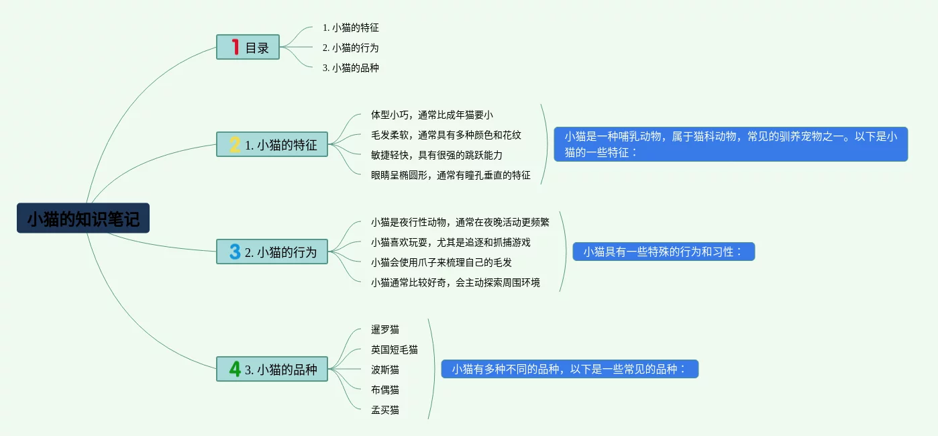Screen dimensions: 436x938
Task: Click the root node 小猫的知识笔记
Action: pyautogui.click(x=83, y=219)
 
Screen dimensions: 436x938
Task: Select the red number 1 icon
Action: pyautogui.click(x=235, y=47)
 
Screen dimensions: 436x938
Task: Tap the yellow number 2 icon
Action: pyautogui.click(x=235, y=144)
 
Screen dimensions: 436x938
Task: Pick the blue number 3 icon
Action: pyautogui.click(x=235, y=252)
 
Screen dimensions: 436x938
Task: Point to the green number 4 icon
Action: pyautogui.click(x=235, y=369)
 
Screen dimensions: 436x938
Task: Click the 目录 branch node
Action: pyautogui.click(x=256, y=48)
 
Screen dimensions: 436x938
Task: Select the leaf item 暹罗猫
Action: pyautogui.click(x=385, y=329)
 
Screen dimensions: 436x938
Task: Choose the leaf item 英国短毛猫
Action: pyautogui.click(x=395, y=349)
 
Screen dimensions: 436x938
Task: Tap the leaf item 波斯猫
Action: pyautogui.click(x=385, y=370)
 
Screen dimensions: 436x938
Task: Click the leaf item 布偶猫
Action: pyautogui.click(x=385, y=390)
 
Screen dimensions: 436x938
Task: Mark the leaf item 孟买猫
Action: pyautogui.click(x=385, y=410)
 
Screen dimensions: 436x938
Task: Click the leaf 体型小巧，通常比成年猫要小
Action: pyautogui.click(x=432, y=115)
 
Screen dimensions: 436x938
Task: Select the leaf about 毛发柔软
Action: pyautogui.click(x=446, y=135)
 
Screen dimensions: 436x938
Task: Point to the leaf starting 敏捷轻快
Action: pyautogui.click(x=437, y=155)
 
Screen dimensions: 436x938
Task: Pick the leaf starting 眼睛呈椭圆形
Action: pyautogui.click(x=451, y=175)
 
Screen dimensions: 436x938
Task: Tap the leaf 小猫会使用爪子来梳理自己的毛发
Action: pyautogui.click(x=441, y=262)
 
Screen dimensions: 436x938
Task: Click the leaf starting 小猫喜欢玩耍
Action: pyautogui.click(x=451, y=242)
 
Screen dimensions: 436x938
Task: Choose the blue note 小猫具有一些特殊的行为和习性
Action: pyautogui.click(x=664, y=252)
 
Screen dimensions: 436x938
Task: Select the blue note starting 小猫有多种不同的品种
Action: pyautogui.click(x=570, y=369)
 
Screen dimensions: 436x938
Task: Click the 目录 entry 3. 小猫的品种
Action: pyautogui.click(x=350, y=68)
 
